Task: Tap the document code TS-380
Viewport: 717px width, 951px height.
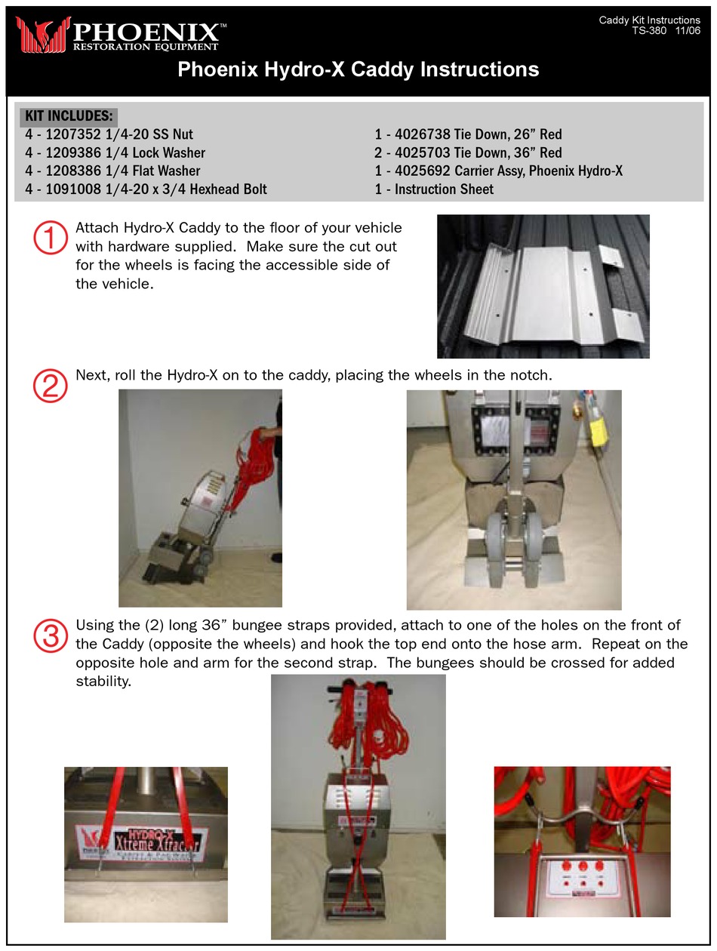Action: [x=649, y=31]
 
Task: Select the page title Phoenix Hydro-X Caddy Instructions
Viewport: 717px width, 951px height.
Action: [x=358, y=70]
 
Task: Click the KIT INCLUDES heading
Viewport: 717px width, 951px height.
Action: [x=69, y=116]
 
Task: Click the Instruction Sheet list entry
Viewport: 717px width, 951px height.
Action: [x=434, y=189]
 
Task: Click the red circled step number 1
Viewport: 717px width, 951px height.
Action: [x=50, y=238]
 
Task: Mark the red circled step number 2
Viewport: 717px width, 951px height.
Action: [x=50, y=386]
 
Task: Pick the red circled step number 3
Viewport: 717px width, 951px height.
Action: [x=50, y=636]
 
